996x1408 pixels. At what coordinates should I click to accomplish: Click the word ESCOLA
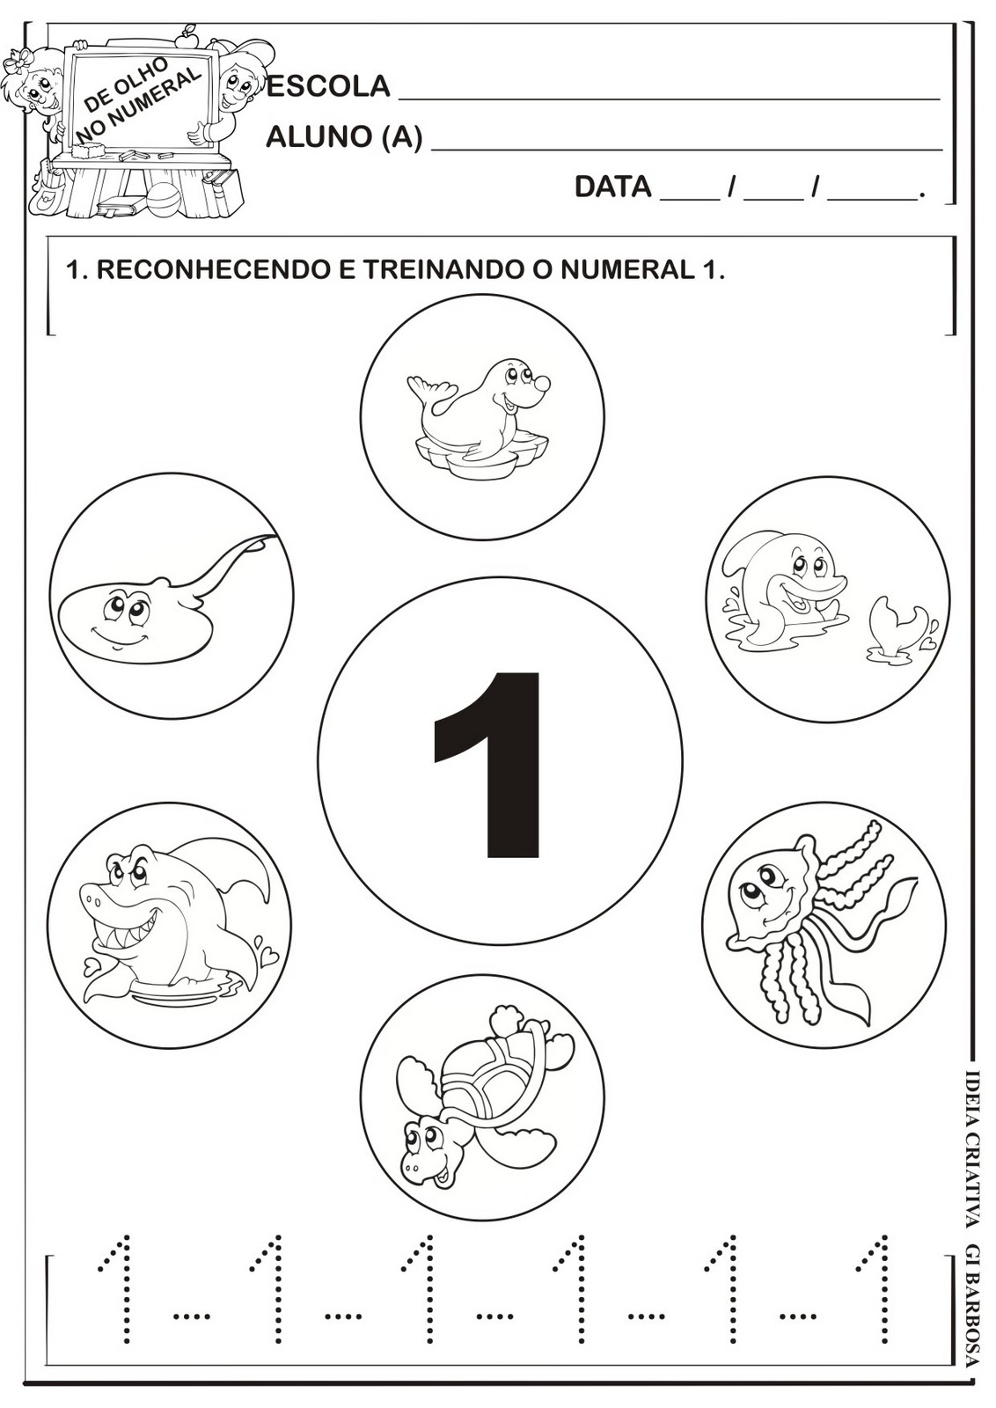pos(327,86)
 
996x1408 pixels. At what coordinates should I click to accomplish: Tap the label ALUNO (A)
pos(343,137)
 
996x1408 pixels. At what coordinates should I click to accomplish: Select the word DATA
pos(612,187)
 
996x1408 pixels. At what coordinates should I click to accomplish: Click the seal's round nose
pos(543,384)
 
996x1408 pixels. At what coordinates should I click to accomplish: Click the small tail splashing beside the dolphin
pos(893,625)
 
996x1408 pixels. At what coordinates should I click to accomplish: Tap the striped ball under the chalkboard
pos(162,201)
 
